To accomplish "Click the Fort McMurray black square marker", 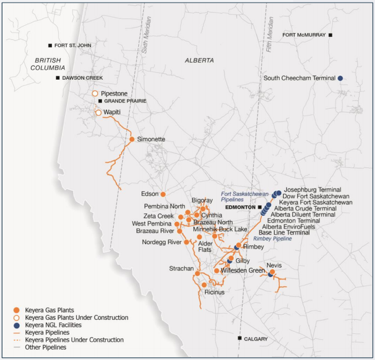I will (x=331, y=35).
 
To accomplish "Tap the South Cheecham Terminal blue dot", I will (x=340, y=78).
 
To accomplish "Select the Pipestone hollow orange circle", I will (x=95, y=93).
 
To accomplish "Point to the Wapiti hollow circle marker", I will (x=98, y=112).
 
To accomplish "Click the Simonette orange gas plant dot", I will (x=132, y=139).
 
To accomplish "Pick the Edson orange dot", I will (x=163, y=194).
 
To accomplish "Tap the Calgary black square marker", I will (x=239, y=338).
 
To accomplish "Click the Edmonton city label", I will (x=239, y=207).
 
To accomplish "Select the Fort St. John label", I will (x=73, y=46).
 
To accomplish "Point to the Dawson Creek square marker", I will (x=58, y=78).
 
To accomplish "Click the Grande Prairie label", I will (x=125, y=101).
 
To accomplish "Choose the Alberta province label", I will (x=199, y=61).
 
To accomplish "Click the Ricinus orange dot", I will (x=204, y=284).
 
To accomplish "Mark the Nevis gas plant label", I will (x=274, y=265).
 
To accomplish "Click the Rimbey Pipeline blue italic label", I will (x=273, y=238).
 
